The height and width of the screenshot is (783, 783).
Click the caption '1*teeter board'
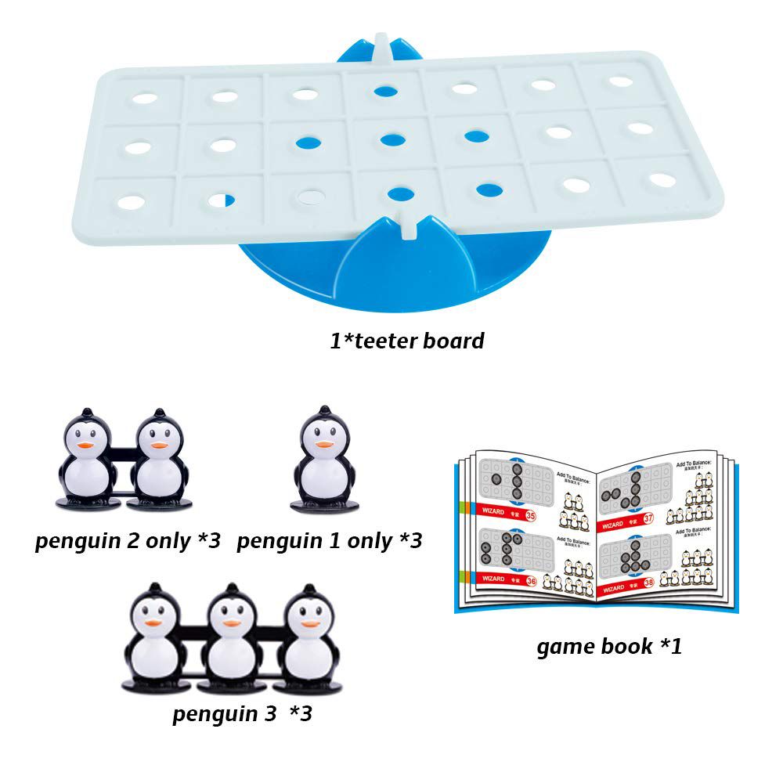[x=406, y=341]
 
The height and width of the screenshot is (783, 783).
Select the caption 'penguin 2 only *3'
[x=128, y=541]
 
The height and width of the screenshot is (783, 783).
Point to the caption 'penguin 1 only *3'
[x=330, y=541]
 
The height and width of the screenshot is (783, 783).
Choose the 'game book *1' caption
[x=609, y=647]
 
